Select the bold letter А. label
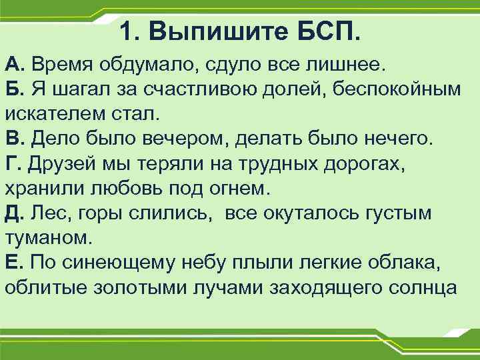[x=15, y=65]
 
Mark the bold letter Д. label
[x=15, y=213]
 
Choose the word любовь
[x=147, y=188]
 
